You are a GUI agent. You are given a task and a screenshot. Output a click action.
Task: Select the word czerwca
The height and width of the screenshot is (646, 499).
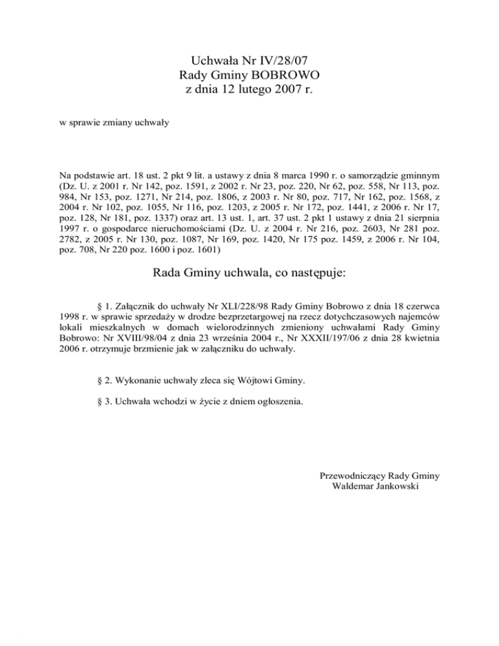point(420,305)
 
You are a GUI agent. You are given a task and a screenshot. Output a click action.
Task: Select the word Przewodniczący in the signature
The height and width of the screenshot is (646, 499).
point(352,475)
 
